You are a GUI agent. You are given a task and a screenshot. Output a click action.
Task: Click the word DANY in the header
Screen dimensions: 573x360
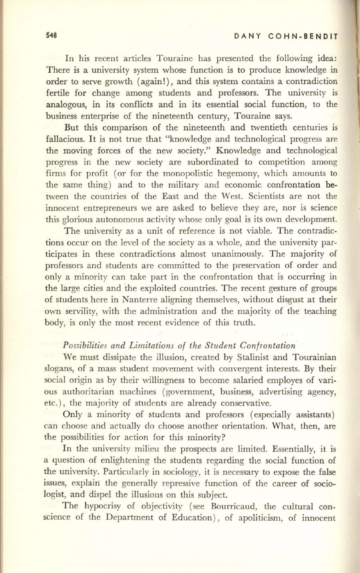(x=248, y=36)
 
